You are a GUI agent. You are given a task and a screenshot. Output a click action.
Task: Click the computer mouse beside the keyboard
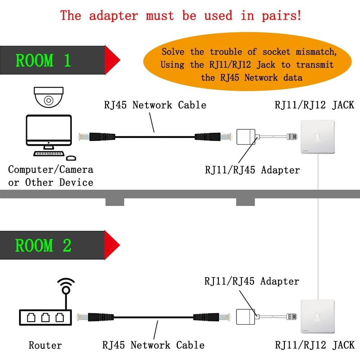pyautogui.click(x=71, y=158)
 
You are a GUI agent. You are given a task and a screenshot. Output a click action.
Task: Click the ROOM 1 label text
pyautogui.click(x=43, y=60)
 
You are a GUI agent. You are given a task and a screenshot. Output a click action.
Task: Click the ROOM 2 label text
pyautogui.click(x=43, y=246)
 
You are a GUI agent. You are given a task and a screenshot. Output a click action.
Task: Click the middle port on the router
pyautogui.click(x=45, y=318)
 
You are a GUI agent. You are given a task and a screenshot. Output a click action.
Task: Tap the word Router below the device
pyautogui.click(x=45, y=346)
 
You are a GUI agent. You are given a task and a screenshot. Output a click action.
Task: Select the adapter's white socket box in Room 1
pyautogui.click(x=246, y=137)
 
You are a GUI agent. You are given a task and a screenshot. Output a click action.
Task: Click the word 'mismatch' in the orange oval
pyautogui.click(x=316, y=52)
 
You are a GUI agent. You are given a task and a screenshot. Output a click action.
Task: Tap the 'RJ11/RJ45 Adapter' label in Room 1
pyautogui.click(x=252, y=170)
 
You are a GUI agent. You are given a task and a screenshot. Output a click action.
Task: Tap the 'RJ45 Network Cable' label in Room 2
pyautogui.click(x=153, y=345)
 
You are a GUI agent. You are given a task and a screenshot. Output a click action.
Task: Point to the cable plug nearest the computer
pyautogui.click(x=84, y=137)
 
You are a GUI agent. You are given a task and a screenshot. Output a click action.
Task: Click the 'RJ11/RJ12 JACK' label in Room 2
pyautogui.click(x=315, y=345)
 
